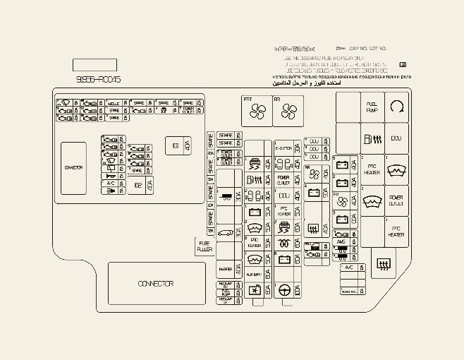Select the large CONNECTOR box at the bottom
coord(156,283)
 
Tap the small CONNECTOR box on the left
coord(73,168)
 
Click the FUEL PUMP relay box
coord(372,107)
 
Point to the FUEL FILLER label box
coord(204,246)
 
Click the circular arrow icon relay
coord(397,107)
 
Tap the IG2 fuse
coord(138,186)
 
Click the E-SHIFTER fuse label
coord(283,148)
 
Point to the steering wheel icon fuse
coord(284,289)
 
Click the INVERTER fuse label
coord(225,269)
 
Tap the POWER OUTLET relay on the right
coord(396,200)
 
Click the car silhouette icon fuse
coord(225,232)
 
